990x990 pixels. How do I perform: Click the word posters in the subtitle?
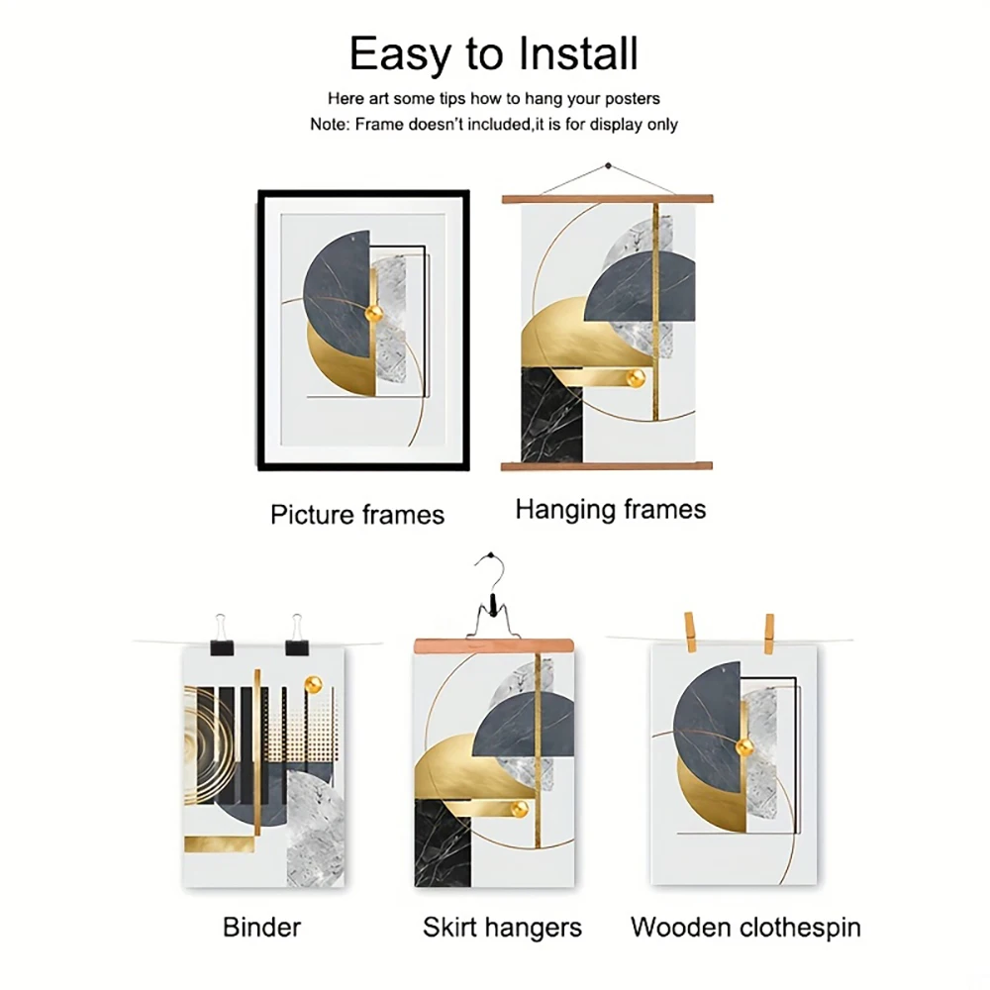point(632,99)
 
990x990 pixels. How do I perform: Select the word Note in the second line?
point(329,125)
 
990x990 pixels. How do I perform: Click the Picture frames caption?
point(357,515)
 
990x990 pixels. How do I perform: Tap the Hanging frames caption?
point(611,510)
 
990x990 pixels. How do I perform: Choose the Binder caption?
point(262,928)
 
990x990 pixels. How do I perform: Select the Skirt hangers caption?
point(502,929)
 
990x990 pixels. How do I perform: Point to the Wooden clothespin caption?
point(745,929)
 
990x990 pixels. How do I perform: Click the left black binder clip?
point(221,637)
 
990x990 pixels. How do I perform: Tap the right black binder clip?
point(297,637)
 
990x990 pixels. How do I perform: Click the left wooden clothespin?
point(689,633)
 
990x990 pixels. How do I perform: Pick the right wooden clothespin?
point(768,634)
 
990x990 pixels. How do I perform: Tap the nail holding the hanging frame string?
point(608,166)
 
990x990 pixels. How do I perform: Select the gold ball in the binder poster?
point(313,684)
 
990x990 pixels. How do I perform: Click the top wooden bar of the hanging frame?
point(608,200)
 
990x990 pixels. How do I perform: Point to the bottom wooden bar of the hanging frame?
point(607,466)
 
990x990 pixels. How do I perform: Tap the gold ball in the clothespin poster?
point(745,747)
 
